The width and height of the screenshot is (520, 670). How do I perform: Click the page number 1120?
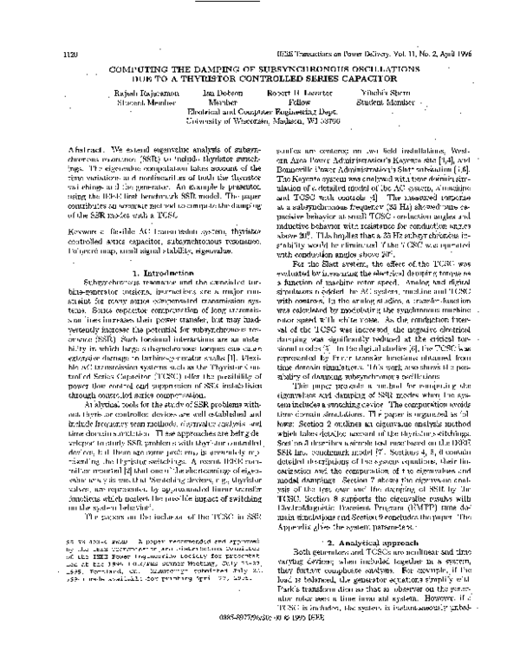click(71, 54)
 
